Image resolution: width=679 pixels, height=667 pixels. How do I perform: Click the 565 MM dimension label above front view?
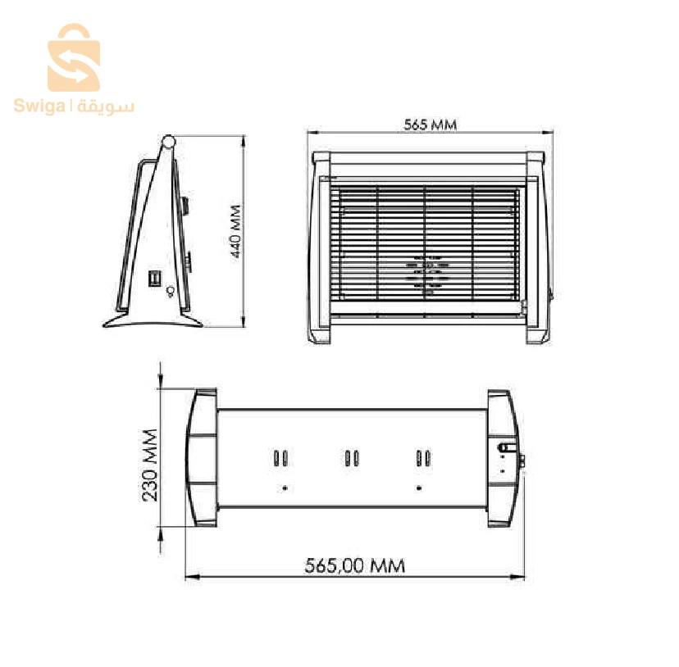pyautogui.click(x=430, y=125)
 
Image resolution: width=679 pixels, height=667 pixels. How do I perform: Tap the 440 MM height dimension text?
pyautogui.click(x=235, y=232)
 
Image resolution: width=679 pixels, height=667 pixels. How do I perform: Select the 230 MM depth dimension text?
pyautogui.click(x=150, y=465)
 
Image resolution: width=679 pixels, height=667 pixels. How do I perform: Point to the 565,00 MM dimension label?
pyautogui.click(x=354, y=565)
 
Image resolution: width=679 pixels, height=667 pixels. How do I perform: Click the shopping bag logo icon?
pyautogui.click(x=74, y=57)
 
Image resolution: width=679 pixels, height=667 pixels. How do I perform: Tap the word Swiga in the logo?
pyautogui.click(x=39, y=106)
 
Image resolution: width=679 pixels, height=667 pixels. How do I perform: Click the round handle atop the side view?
pyautogui.click(x=168, y=141)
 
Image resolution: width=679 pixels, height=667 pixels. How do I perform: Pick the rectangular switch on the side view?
pyautogui.click(x=154, y=278)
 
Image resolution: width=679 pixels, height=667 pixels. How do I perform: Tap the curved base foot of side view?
pyautogui.click(x=153, y=320)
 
